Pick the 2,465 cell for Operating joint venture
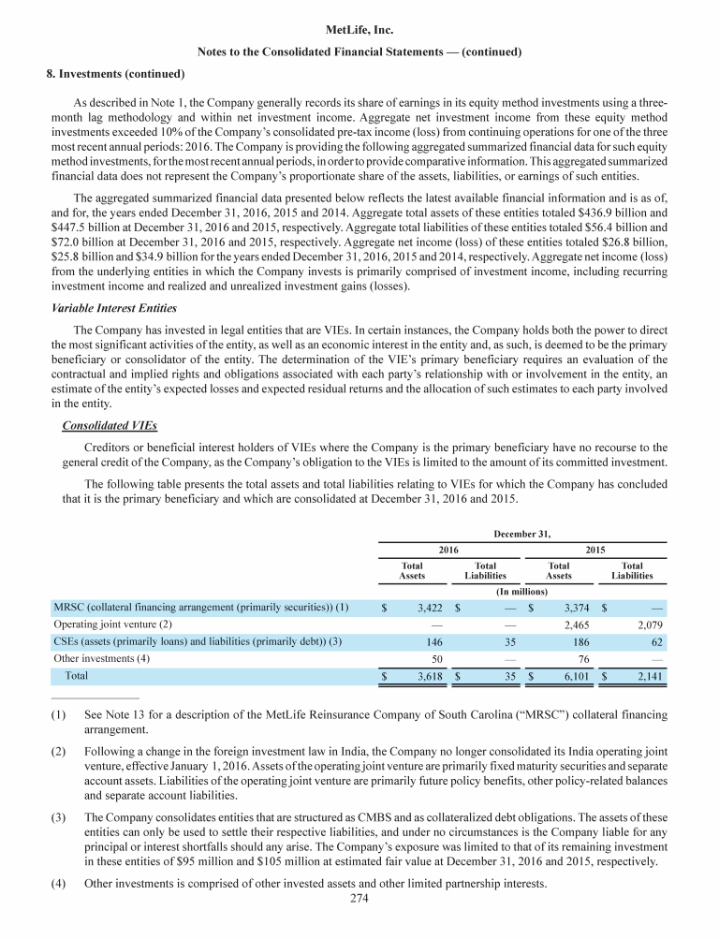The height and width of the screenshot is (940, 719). point(569,624)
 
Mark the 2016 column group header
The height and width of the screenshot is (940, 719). point(448,548)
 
